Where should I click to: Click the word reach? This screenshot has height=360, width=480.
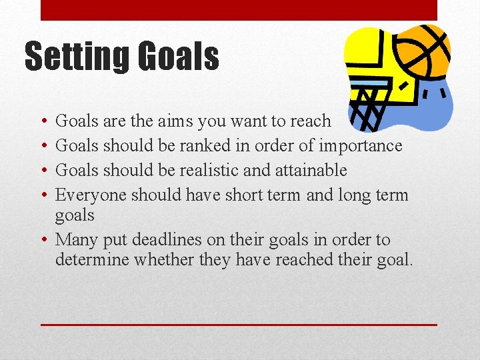point(309,121)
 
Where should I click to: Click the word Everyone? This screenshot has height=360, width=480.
point(91,195)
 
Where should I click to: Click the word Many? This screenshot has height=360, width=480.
point(75,239)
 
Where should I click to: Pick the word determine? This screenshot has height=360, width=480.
point(93,259)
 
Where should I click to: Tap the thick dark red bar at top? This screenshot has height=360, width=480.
point(239,10)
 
